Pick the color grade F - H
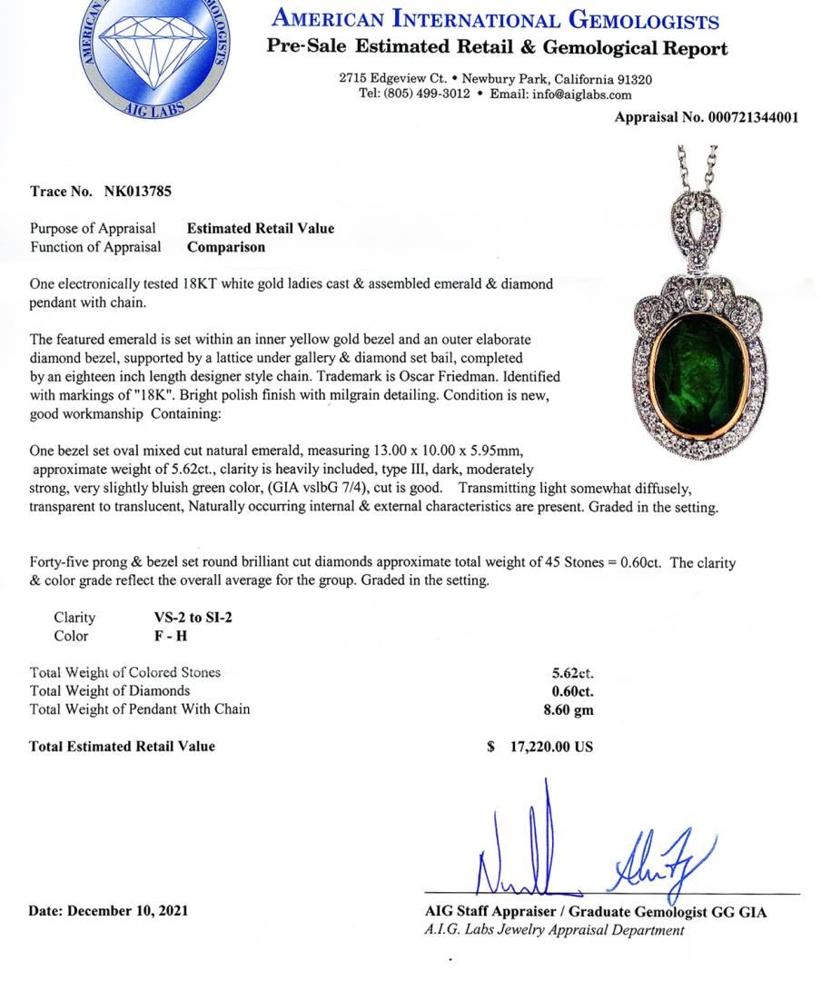[171, 636]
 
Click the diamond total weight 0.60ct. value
[572, 691]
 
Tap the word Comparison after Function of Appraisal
[226, 246]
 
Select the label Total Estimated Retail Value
[123, 746]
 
